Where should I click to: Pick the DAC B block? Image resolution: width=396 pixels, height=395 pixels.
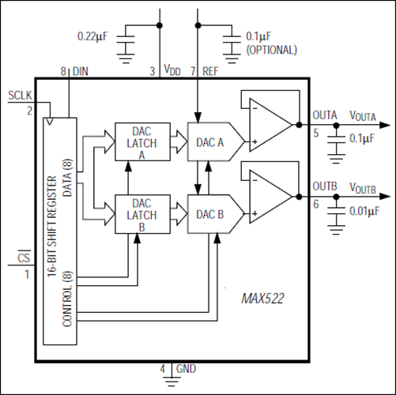click(208, 213)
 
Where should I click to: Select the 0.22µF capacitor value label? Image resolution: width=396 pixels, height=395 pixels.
click(94, 36)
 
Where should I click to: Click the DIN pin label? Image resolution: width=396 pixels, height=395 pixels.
click(81, 71)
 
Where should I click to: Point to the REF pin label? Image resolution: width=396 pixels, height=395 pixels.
click(209, 71)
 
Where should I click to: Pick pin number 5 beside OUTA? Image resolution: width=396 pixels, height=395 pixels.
click(316, 132)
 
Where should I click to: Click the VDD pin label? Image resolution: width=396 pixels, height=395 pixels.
click(172, 71)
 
